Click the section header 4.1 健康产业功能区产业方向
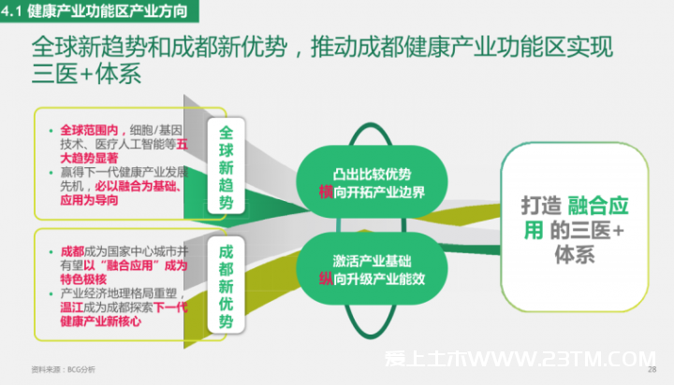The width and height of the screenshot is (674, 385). [x=95, y=10]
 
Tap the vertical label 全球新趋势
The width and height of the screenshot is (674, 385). [x=227, y=166]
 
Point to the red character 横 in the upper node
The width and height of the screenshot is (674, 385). [x=327, y=192]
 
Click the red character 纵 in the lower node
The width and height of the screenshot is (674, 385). [x=327, y=278]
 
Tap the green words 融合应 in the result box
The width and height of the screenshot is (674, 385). [x=598, y=206]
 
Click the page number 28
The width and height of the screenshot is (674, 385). [x=652, y=369]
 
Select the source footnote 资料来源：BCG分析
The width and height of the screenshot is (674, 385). [x=64, y=369]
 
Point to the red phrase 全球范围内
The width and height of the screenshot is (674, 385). [x=89, y=130]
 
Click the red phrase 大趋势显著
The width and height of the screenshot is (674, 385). [x=89, y=158]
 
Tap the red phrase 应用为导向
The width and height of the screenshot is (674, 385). [x=89, y=200]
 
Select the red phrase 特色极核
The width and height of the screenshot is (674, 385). [x=83, y=279]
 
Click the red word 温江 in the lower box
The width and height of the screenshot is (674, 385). [x=72, y=307]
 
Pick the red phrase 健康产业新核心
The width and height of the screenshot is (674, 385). [x=100, y=321]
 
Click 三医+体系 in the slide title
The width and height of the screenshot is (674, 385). [x=86, y=74]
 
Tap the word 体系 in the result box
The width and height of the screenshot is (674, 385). [x=575, y=254]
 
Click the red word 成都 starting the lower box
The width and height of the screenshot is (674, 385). [x=72, y=251]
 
